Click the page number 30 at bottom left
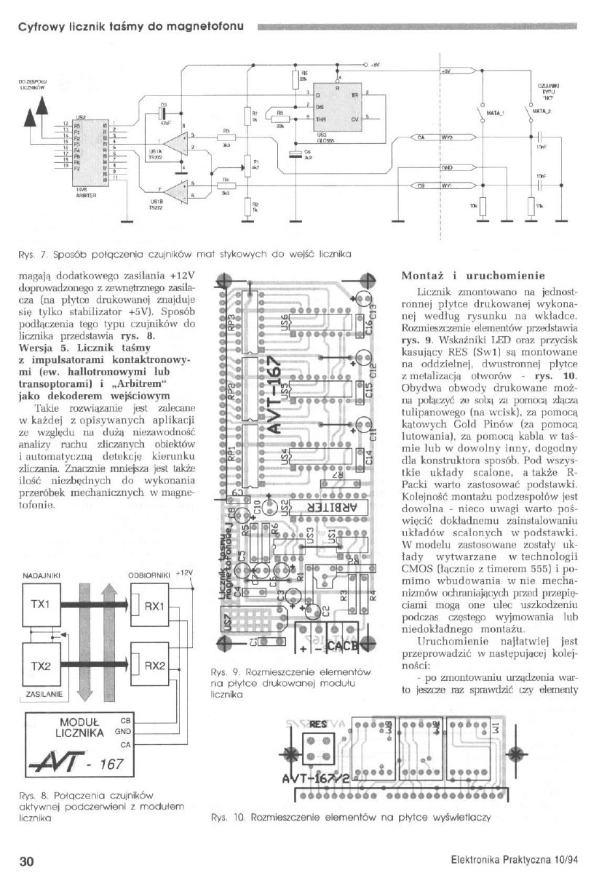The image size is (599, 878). (27, 861)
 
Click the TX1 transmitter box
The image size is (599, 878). (41, 605)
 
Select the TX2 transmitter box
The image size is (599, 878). (41, 666)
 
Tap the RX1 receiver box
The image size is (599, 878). (152, 606)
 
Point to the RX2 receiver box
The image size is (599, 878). (152, 666)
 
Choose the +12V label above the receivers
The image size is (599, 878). (187, 573)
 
